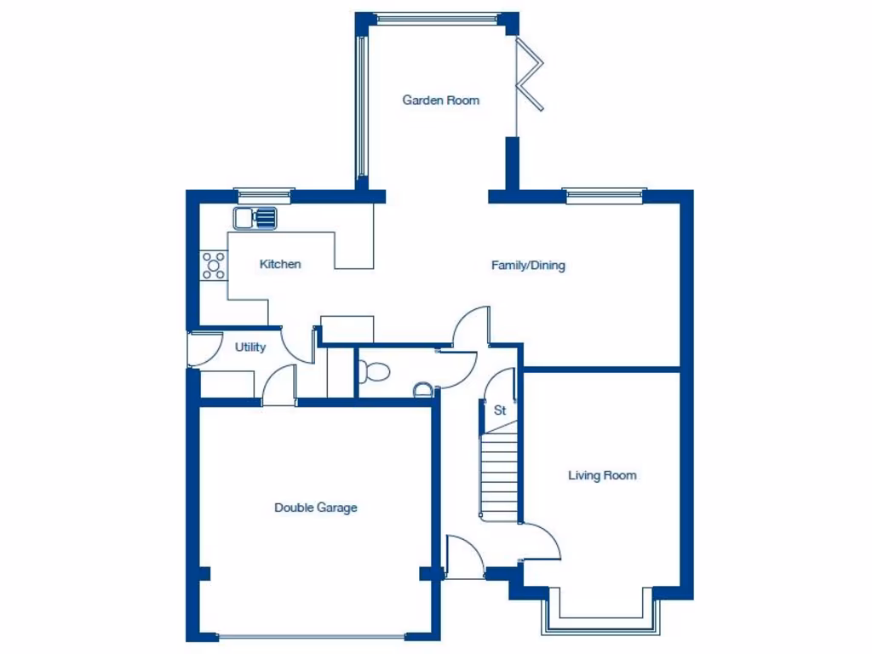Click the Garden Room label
click(440, 100)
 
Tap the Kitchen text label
click(280, 265)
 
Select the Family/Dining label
click(528, 266)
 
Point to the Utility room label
click(250, 347)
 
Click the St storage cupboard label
click(500, 410)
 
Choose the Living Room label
click(602, 476)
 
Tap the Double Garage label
click(315, 508)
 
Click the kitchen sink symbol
click(256, 218)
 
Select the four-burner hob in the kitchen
click(214, 266)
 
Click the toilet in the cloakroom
click(374, 371)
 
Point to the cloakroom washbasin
click(423, 390)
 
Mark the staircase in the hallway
click(499, 477)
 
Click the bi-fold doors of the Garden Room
click(531, 77)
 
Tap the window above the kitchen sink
click(264, 195)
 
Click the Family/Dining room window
click(605, 195)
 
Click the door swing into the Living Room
click(542, 541)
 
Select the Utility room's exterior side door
click(195, 349)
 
